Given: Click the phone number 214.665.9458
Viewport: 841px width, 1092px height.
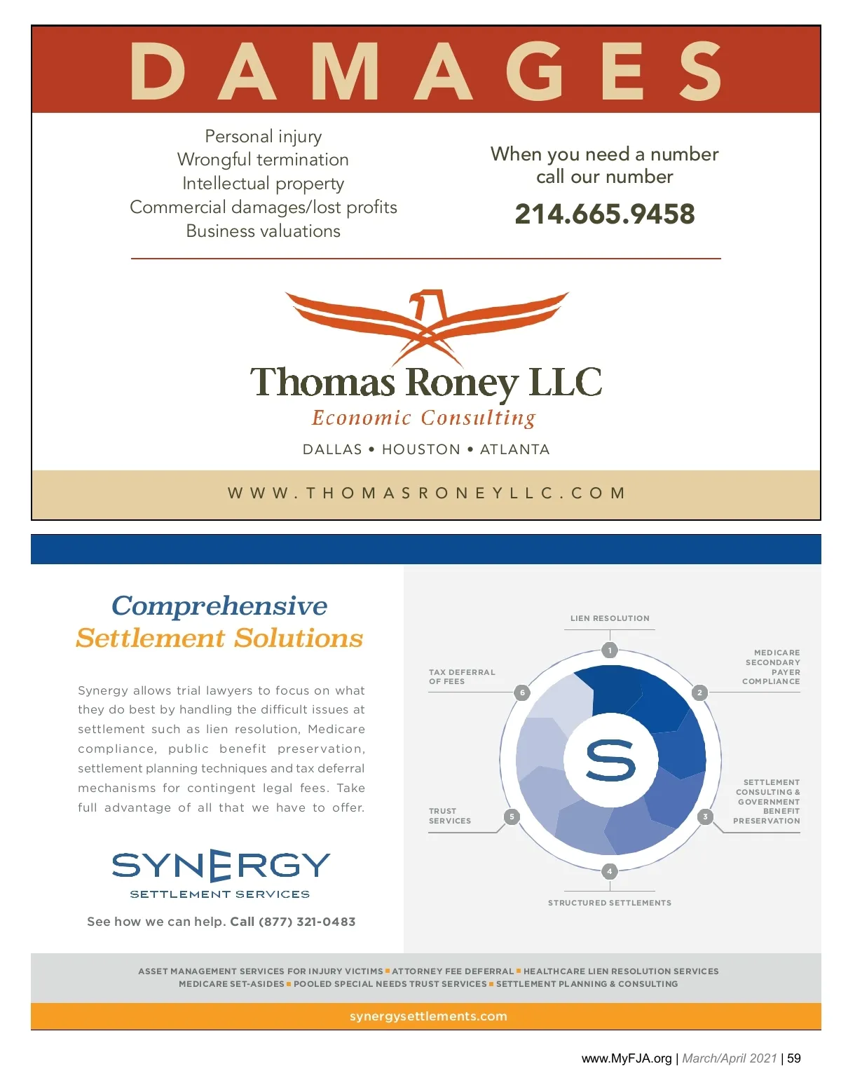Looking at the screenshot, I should pyautogui.click(x=604, y=214).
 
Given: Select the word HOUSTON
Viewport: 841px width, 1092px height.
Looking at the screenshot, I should pyautogui.click(x=421, y=449).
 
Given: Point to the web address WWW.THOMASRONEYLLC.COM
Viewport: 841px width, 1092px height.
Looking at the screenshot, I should pyautogui.click(x=426, y=493).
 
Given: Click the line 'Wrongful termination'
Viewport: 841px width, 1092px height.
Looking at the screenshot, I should pyautogui.click(x=263, y=160).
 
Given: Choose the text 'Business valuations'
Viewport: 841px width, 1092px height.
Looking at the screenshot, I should pyautogui.click(x=263, y=231).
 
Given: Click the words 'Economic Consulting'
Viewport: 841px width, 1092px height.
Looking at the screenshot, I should pyautogui.click(x=424, y=418).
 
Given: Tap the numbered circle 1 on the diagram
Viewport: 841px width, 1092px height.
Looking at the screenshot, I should pyautogui.click(x=610, y=650).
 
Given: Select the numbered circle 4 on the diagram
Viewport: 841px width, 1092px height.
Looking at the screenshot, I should pyautogui.click(x=610, y=871).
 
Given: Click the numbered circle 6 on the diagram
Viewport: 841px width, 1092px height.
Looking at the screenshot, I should pyautogui.click(x=522, y=692).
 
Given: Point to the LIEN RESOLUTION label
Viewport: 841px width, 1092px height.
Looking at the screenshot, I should pyautogui.click(x=610, y=618).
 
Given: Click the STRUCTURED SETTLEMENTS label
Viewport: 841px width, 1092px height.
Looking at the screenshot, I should pyautogui.click(x=610, y=903).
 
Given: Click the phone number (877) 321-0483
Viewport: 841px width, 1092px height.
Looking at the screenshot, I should pyautogui.click(x=307, y=922).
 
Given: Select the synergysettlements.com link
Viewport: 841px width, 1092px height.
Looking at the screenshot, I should pyautogui.click(x=428, y=1016).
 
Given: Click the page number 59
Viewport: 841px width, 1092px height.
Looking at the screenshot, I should pyautogui.click(x=794, y=1058).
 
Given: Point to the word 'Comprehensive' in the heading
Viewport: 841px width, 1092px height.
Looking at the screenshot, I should pyautogui.click(x=219, y=606).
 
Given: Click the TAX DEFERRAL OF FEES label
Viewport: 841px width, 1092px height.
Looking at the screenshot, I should pyautogui.click(x=462, y=676).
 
